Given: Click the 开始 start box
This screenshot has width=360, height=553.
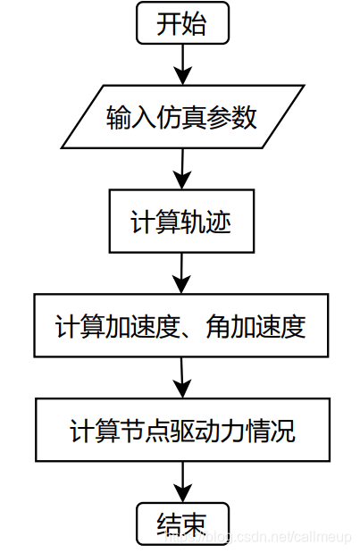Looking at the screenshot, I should click(x=182, y=23).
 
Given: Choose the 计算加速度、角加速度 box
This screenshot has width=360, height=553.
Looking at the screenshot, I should click(x=181, y=326).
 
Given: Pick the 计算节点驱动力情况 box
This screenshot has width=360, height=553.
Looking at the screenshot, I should click(x=182, y=432).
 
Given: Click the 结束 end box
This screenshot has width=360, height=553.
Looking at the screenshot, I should click(x=182, y=523).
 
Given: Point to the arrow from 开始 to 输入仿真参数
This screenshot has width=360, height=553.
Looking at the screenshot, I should click(x=182, y=63).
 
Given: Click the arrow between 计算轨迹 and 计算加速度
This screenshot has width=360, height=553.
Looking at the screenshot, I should click(x=182, y=273).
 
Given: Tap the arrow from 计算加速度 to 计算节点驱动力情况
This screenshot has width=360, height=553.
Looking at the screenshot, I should click(x=182, y=378).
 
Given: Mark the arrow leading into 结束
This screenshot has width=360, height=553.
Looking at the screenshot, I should click(x=182, y=482).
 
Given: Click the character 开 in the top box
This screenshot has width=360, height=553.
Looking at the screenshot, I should click(x=169, y=24).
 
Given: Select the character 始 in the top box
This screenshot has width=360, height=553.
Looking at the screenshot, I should click(x=195, y=24).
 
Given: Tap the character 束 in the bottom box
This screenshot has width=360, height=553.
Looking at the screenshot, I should click(x=195, y=523).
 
